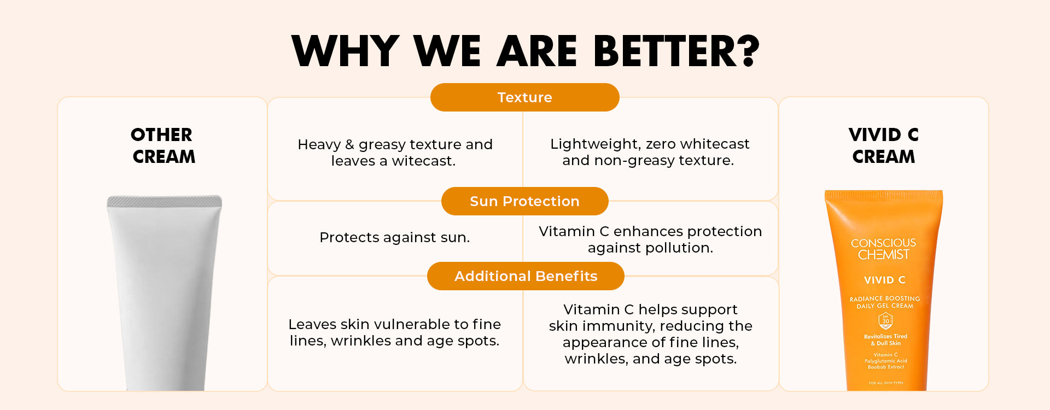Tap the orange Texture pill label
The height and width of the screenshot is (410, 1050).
tap(525, 97)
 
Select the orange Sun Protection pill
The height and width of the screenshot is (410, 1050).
tap(525, 201)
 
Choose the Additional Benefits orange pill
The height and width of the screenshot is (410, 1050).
tap(526, 276)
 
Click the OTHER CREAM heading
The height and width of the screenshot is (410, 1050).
tap(163, 145)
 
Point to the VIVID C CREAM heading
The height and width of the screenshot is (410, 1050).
tap(884, 145)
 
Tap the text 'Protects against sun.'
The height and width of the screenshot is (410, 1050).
tap(394, 237)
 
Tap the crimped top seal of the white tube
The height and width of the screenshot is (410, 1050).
tap(164, 202)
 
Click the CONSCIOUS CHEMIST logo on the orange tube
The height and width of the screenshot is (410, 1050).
tap(884, 249)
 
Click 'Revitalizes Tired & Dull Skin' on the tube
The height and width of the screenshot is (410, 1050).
tap(885, 340)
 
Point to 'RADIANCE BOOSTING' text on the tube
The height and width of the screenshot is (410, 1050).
tap(885, 298)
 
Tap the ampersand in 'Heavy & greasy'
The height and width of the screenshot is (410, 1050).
tap(349, 144)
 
